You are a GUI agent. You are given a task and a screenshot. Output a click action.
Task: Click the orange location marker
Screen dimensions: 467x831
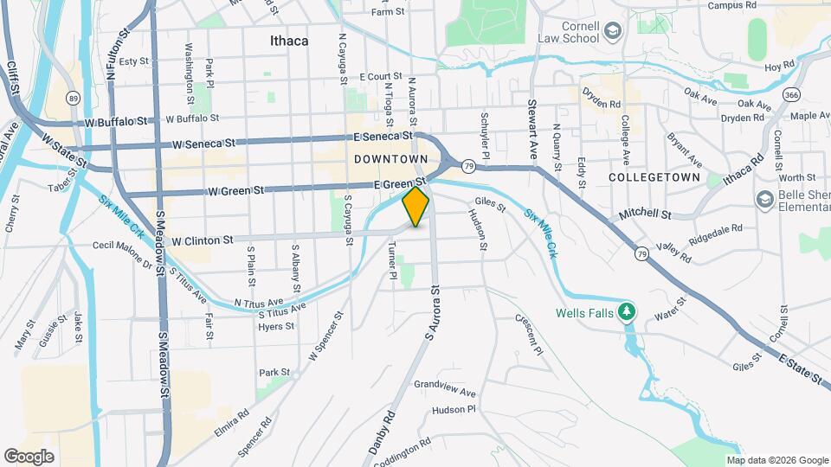[416, 207]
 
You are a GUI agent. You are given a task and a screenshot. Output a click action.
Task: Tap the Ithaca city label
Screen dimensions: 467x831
[288, 41]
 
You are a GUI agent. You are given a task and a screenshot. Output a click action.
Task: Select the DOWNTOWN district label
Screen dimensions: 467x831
[390, 160]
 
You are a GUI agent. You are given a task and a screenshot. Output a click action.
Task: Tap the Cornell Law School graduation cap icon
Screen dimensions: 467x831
[614, 32]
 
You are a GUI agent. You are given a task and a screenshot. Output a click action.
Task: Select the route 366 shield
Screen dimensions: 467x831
[791, 93]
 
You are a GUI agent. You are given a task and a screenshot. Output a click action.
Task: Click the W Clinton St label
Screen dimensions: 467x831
[203, 240]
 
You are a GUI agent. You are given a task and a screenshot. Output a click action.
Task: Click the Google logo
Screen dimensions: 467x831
[29, 456]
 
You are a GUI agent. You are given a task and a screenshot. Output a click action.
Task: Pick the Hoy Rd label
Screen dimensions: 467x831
[780, 66]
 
